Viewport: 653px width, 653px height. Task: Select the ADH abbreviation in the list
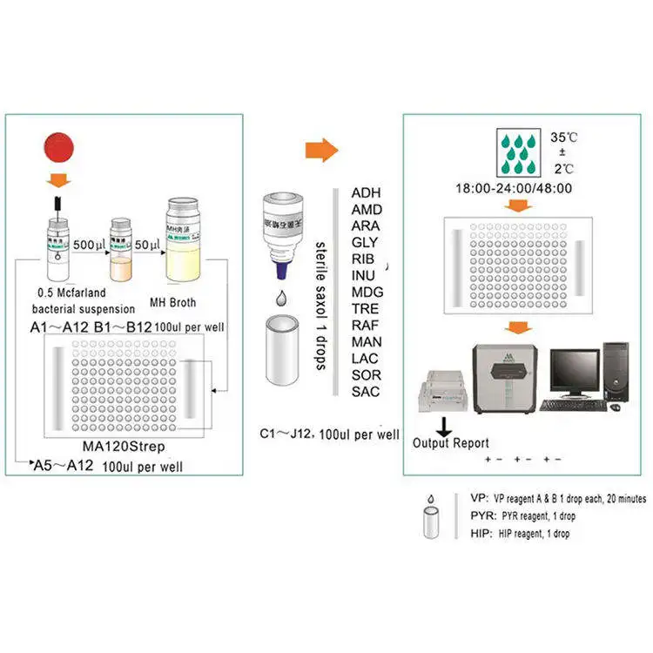(366, 192)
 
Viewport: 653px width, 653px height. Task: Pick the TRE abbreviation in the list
(366, 308)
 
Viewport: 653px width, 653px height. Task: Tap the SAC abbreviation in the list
(366, 391)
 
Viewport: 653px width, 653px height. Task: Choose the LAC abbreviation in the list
(366, 358)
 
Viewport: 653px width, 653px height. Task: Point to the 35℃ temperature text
(564, 137)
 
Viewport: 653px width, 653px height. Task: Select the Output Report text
(451, 442)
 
